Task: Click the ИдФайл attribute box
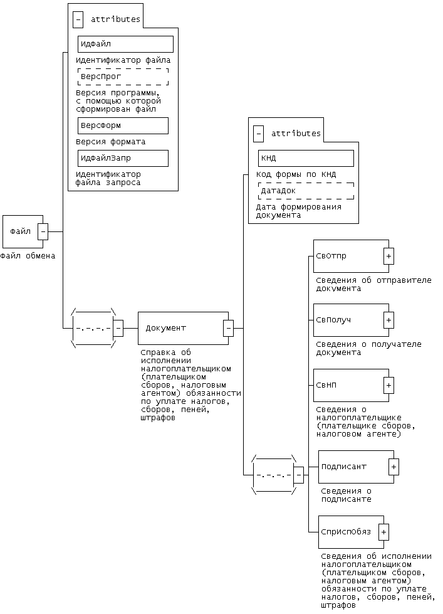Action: coord(125,44)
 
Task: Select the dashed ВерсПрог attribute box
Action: coord(123,77)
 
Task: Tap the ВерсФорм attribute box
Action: coord(123,125)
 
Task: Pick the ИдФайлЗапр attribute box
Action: coord(123,158)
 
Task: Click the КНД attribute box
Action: coord(306,158)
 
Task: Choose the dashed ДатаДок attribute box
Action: coord(306,191)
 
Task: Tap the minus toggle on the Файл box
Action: coord(43,231)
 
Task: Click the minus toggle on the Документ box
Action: coord(229,328)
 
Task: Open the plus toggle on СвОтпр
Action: coord(388,256)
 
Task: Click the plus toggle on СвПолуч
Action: coord(388,320)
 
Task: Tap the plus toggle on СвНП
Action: coord(388,385)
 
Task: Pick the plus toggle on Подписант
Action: coord(393,467)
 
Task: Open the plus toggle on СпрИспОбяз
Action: coord(383,532)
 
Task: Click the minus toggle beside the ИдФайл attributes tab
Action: coord(78,19)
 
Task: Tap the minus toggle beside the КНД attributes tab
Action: coord(258,134)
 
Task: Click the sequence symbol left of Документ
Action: coord(93,328)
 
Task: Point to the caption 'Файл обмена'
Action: coord(28,256)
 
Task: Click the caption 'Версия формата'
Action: coord(111,142)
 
